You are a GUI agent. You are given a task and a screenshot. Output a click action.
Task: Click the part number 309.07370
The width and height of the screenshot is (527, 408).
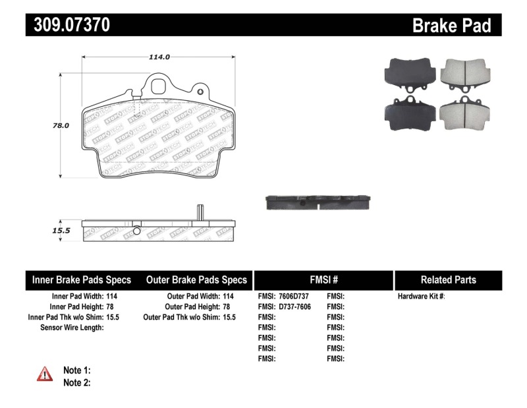(x=69, y=25)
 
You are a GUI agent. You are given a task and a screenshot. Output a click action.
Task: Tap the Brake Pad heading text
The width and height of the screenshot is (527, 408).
(x=451, y=26)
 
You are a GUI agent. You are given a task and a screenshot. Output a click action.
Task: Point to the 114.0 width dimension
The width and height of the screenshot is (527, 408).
(x=159, y=57)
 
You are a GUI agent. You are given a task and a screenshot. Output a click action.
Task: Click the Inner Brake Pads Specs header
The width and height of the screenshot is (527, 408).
(x=82, y=280)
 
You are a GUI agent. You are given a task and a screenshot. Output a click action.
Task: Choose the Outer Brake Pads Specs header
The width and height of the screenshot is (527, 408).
(x=196, y=280)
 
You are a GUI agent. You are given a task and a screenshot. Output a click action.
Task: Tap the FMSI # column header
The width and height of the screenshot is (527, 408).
(x=323, y=280)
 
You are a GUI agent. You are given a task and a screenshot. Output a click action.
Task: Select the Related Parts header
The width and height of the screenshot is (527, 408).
(x=448, y=280)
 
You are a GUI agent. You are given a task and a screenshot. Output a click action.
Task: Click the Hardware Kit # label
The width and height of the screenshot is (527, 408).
(x=421, y=297)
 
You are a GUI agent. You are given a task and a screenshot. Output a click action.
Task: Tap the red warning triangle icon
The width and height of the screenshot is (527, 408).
(x=45, y=374)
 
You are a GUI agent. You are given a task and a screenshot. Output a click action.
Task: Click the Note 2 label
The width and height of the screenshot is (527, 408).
(x=76, y=382)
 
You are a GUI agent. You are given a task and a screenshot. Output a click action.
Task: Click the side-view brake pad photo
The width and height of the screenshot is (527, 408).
(x=319, y=202)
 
